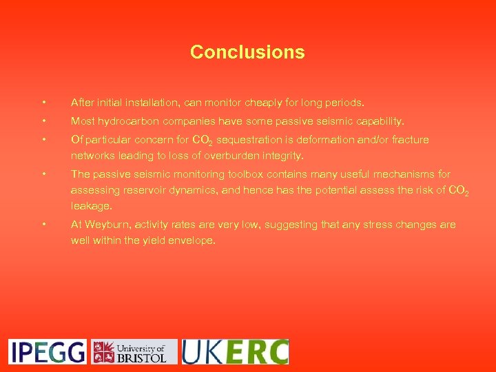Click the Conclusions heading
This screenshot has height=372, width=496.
pyautogui.click(x=247, y=52)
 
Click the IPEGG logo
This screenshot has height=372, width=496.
pyautogui.click(x=48, y=351)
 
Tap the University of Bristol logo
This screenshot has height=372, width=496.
pyautogui.click(x=134, y=351)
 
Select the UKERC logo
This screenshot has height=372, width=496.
pyautogui.click(x=235, y=351)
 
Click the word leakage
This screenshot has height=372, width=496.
pyautogui.click(x=92, y=206)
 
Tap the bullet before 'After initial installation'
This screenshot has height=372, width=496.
pyautogui.click(x=43, y=103)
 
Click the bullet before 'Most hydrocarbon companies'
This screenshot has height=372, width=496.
pyautogui.click(x=43, y=121)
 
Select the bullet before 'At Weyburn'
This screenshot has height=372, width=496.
pyautogui.click(x=43, y=225)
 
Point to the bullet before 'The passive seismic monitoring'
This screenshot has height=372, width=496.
pyautogui.click(x=43, y=174)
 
